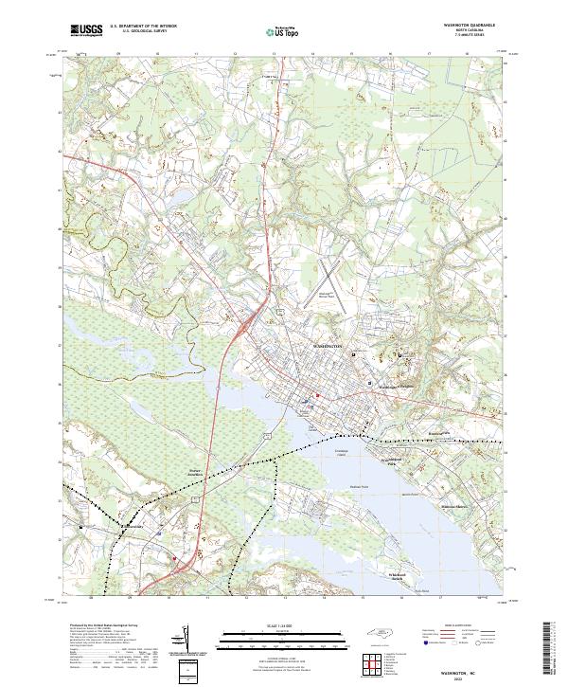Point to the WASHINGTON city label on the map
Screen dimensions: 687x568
coord(330,349)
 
